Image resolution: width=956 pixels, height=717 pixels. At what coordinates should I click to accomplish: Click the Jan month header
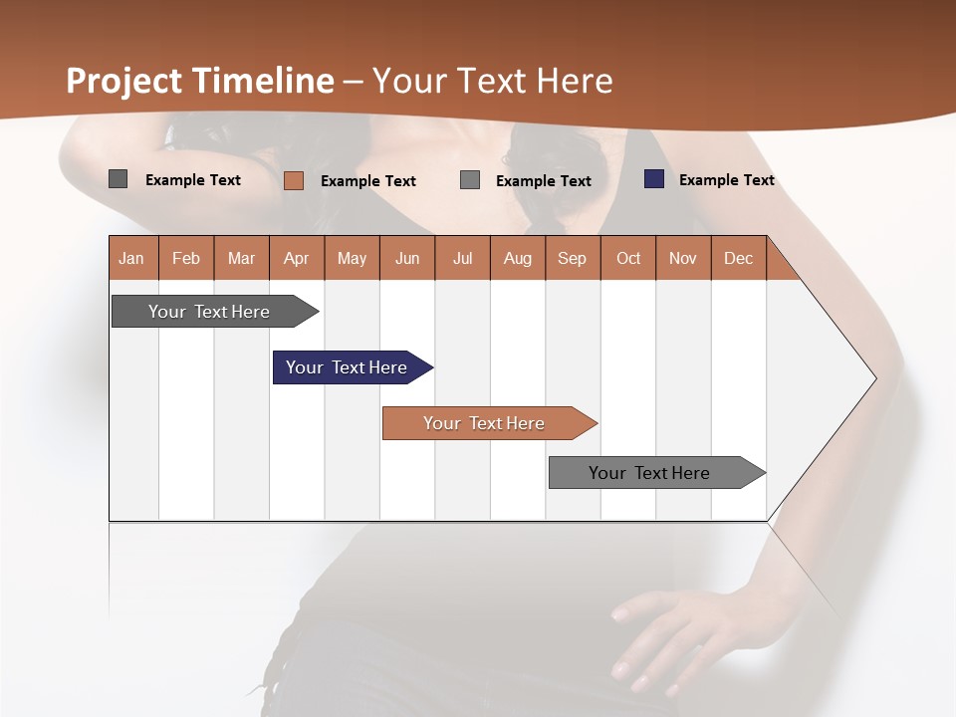pyautogui.click(x=132, y=258)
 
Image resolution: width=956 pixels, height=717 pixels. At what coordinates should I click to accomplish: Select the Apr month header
pyautogui.click(x=297, y=258)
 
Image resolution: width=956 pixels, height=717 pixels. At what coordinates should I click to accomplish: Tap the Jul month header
pyautogui.click(x=463, y=258)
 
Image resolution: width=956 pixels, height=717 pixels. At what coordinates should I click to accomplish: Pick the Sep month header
pyautogui.click(x=573, y=258)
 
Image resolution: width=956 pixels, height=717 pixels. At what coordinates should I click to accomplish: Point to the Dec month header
pyautogui.click(x=739, y=258)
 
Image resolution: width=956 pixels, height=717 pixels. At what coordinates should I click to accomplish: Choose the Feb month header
pyautogui.click(x=186, y=258)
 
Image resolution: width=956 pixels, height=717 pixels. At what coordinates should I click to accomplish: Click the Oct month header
pyautogui.click(x=628, y=258)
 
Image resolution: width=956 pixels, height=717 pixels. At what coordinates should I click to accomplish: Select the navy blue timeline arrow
pyautogui.click(x=349, y=367)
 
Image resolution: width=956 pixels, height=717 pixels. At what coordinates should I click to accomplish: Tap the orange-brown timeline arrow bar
pyautogui.click(x=486, y=423)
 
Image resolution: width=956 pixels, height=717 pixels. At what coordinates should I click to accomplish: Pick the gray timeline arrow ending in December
pyautogui.click(x=652, y=473)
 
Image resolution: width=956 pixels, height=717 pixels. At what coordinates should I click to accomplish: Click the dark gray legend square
pyautogui.click(x=118, y=179)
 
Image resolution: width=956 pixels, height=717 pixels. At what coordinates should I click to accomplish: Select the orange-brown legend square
pyautogui.click(x=293, y=180)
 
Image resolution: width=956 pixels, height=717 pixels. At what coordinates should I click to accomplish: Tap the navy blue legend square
pyautogui.click(x=653, y=179)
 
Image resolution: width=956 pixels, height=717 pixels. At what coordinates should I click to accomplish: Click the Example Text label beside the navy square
pyautogui.click(x=726, y=179)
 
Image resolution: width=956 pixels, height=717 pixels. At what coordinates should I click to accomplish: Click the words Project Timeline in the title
pyautogui.click(x=199, y=81)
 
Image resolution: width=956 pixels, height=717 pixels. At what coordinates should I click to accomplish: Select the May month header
pyautogui.click(x=352, y=258)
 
